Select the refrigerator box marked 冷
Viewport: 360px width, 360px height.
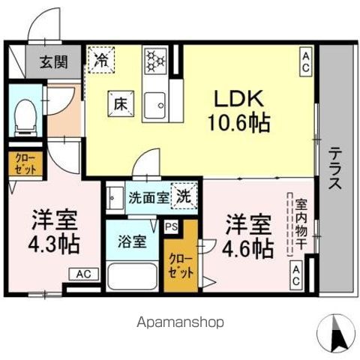coord(99,57)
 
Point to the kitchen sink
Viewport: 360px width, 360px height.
coord(154,103)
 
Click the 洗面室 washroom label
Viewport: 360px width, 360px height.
coord(144,199)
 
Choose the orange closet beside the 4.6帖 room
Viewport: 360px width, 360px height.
coord(180,265)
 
